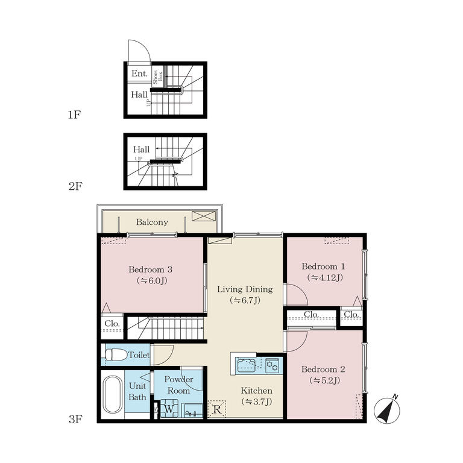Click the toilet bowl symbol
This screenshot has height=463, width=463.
coord(116,354)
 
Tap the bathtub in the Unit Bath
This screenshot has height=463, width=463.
coord(113,394)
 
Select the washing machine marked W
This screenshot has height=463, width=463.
coord(169,409)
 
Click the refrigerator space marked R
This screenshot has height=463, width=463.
coord(217,409)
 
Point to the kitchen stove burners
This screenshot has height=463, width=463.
coord(272,366)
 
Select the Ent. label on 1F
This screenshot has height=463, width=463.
coord(139,73)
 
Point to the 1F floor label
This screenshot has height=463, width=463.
coord(74,115)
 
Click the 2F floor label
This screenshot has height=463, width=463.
coord(75,186)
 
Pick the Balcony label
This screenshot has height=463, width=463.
coord(152,222)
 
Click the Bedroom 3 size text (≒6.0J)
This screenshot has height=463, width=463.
coord(152,280)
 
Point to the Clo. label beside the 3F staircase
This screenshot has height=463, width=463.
coord(112,323)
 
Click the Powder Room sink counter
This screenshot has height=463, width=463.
coord(194,411)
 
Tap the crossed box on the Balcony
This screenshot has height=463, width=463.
coord(204,216)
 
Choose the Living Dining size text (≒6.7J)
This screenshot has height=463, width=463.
coord(245,300)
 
